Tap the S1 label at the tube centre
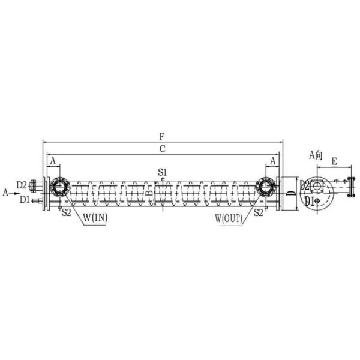[x=163, y=172]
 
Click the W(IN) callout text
[x=95, y=218]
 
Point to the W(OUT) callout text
[x=229, y=218]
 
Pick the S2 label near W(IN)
[x=67, y=212]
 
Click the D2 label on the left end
[x=22, y=185]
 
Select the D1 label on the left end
[x=24, y=199]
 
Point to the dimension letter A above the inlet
[x=53, y=161]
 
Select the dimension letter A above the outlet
[x=273, y=161]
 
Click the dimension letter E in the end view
[x=334, y=162]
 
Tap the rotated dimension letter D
[x=290, y=193]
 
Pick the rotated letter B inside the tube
[x=150, y=193]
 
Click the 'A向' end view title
[x=316, y=155]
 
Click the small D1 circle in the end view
[x=317, y=201]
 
